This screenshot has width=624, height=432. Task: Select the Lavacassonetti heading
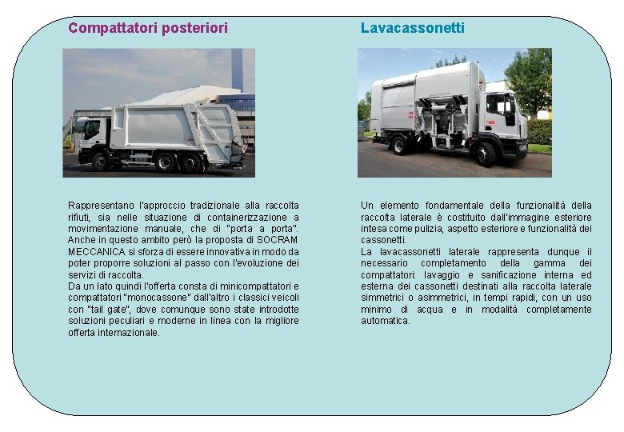(412, 28)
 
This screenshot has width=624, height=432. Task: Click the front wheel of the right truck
(486, 152)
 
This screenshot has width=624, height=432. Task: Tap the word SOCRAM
(280, 240)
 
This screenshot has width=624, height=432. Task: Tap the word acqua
(431, 309)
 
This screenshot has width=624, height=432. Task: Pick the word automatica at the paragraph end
(386, 321)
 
